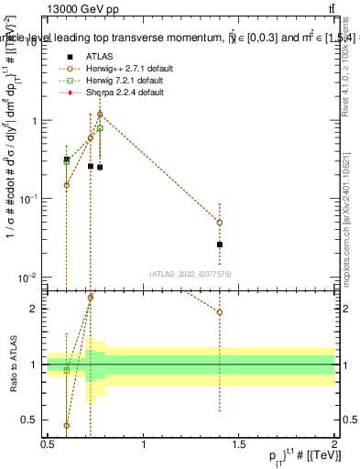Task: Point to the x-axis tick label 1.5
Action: (239, 444)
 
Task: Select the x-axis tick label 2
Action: (334, 444)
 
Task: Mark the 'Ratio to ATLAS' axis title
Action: (12, 365)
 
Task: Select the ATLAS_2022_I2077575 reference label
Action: (191, 274)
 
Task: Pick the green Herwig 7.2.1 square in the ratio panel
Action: (67, 369)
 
